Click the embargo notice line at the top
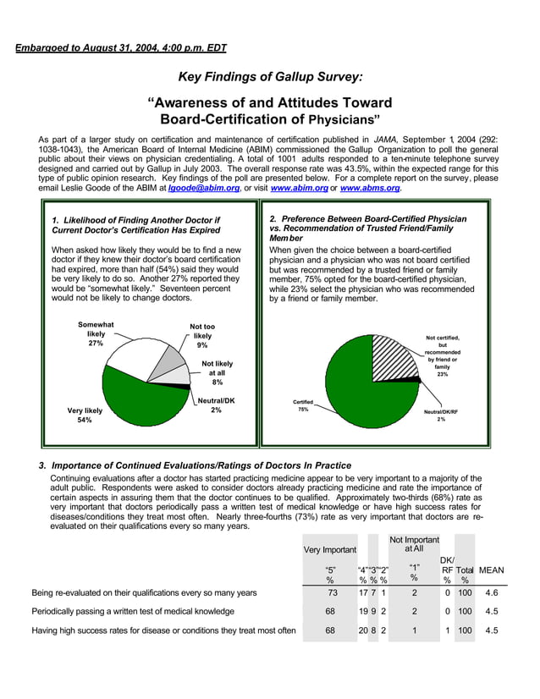pos(121,48)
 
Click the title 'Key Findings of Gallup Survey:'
pos(270,77)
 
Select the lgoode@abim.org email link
pos(204,188)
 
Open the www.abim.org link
pos(298,188)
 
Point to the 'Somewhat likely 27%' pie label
pos(96,333)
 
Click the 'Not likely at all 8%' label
pos(218,372)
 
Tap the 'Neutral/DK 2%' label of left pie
pos(216,405)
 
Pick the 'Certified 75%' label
pos(303,405)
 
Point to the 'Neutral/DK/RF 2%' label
pos(441,415)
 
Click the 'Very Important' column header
pos(329,549)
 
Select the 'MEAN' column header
pos(491,570)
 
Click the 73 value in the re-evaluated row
pos(332,593)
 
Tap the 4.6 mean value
pos(491,593)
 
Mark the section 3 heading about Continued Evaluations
pos(195,465)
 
